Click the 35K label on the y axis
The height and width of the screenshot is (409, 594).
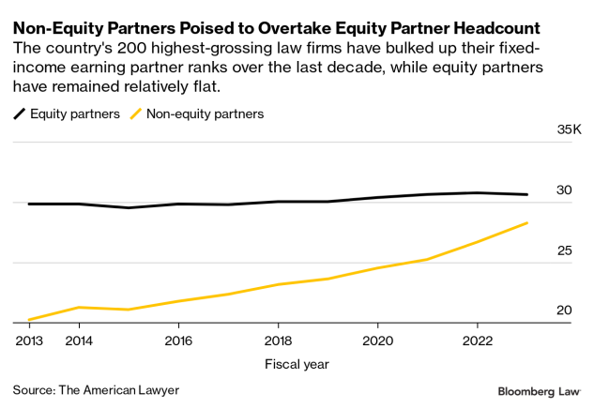point(570,129)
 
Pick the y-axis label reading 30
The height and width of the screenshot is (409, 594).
point(563,190)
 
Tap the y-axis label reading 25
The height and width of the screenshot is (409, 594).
point(563,250)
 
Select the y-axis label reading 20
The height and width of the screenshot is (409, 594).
point(563,311)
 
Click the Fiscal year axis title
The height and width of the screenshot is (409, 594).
point(297,363)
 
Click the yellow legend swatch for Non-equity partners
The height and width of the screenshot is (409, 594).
point(136,114)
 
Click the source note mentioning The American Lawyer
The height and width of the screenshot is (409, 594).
point(96,389)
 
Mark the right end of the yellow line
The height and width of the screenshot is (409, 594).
point(527,223)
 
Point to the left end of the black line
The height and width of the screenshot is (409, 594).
point(29,204)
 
